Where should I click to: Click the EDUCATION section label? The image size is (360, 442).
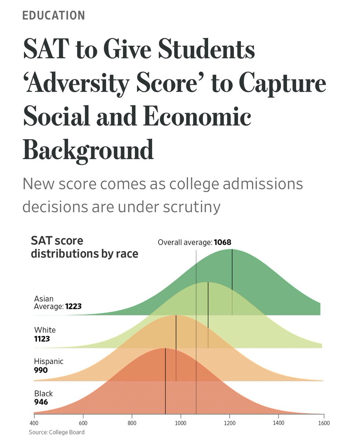tap(53, 15)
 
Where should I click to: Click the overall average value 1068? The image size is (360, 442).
tap(222, 242)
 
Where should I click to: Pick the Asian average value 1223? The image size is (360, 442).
tap(73, 306)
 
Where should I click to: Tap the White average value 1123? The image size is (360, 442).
tap(42, 338)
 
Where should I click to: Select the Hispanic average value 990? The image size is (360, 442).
tap(41, 370)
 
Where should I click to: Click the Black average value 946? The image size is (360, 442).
tap(41, 401)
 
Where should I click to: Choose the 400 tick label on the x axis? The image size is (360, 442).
tap(34, 423)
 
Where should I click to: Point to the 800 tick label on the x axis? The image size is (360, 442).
tap(132, 423)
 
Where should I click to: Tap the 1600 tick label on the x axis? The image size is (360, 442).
tap(324, 423)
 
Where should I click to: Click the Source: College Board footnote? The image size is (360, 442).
tap(56, 432)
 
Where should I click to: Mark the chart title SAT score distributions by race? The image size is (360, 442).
tap(84, 247)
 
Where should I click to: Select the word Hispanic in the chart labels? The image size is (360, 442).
tap(49, 361)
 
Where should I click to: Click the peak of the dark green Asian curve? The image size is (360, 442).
tap(232, 250)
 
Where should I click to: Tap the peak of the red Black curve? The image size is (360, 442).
tap(165, 348)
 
